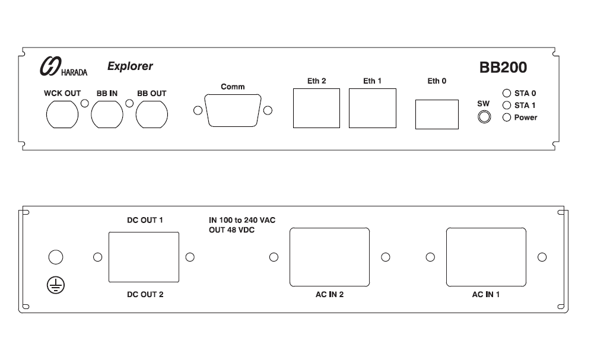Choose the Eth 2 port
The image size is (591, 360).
click(x=316, y=108)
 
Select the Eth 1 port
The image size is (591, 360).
click(x=372, y=108)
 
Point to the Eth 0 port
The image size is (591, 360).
click(x=437, y=114)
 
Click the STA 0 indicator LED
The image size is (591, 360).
click(x=507, y=94)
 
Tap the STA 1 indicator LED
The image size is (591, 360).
click(x=507, y=105)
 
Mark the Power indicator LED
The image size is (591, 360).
click(x=507, y=117)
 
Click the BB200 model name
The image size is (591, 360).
click(x=503, y=68)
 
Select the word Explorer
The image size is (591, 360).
click(x=130, y=66)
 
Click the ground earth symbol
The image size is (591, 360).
click(x=56, y=285)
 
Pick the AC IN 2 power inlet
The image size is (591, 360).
click(x=329, y=257)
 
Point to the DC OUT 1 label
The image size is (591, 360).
click(x=145, y=220)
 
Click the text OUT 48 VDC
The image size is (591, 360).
click(x=231, y=230)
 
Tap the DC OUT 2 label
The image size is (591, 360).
click(x=145, y=294)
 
